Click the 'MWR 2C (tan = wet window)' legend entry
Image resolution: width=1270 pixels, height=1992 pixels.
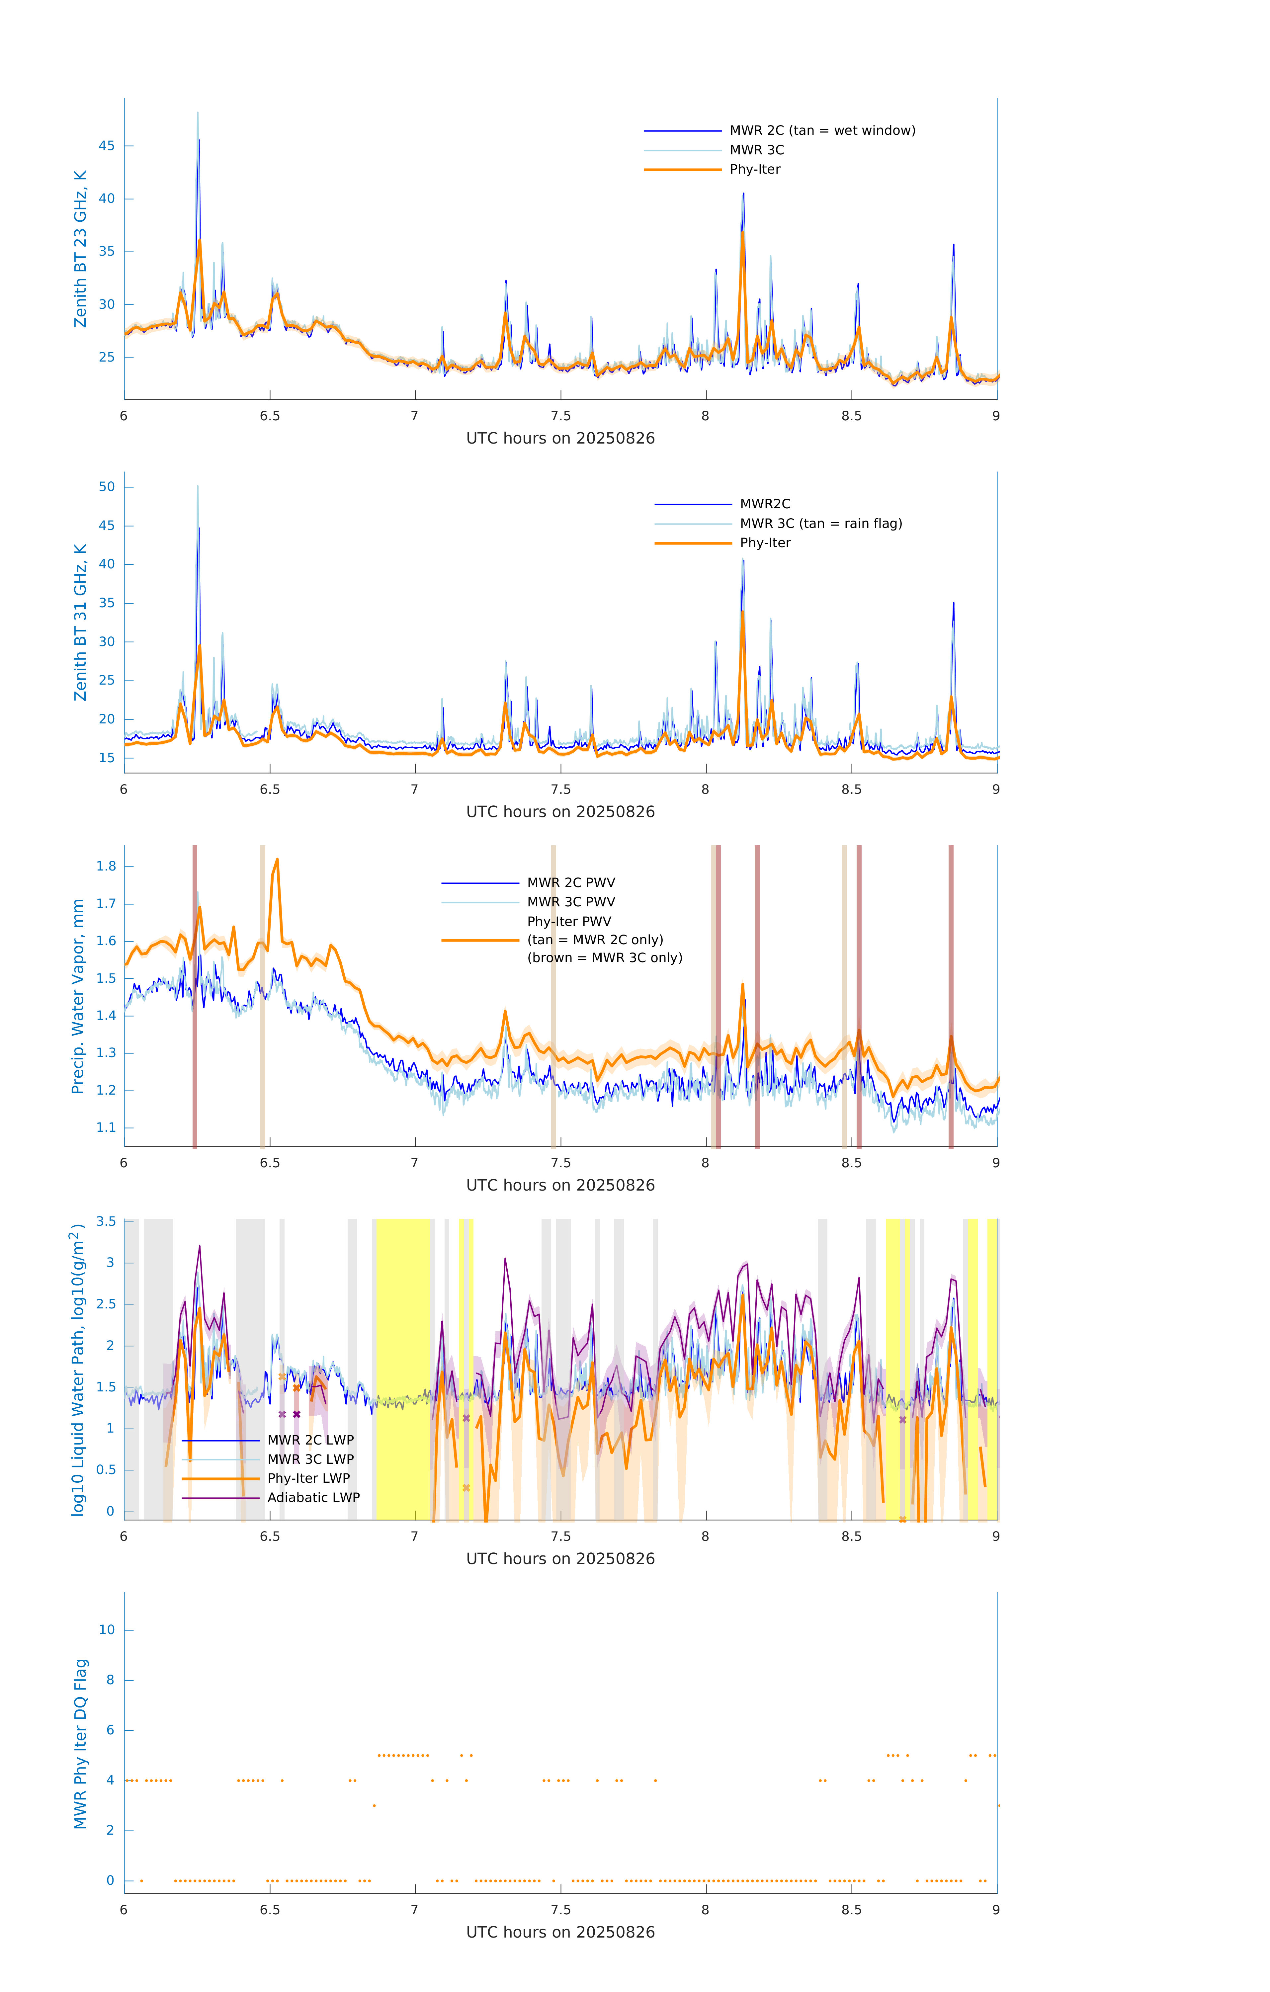821,131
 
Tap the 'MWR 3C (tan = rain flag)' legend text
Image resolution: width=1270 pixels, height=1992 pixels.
820,524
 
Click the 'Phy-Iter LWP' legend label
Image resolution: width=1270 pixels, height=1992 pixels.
308,1478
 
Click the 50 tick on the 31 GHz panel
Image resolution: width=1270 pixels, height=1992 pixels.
107,487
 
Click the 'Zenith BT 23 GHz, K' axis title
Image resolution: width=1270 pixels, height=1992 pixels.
80,249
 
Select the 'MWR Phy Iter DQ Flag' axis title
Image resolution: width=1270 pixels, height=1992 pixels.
80,1744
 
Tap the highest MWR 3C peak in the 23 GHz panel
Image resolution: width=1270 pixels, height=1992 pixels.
198,113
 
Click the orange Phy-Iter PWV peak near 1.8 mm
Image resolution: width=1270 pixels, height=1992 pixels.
277,860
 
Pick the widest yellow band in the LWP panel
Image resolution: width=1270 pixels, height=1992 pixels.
404,1369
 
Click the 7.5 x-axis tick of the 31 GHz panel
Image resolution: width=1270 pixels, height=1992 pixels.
561,789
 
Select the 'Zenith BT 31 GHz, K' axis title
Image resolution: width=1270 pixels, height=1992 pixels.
80,623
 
